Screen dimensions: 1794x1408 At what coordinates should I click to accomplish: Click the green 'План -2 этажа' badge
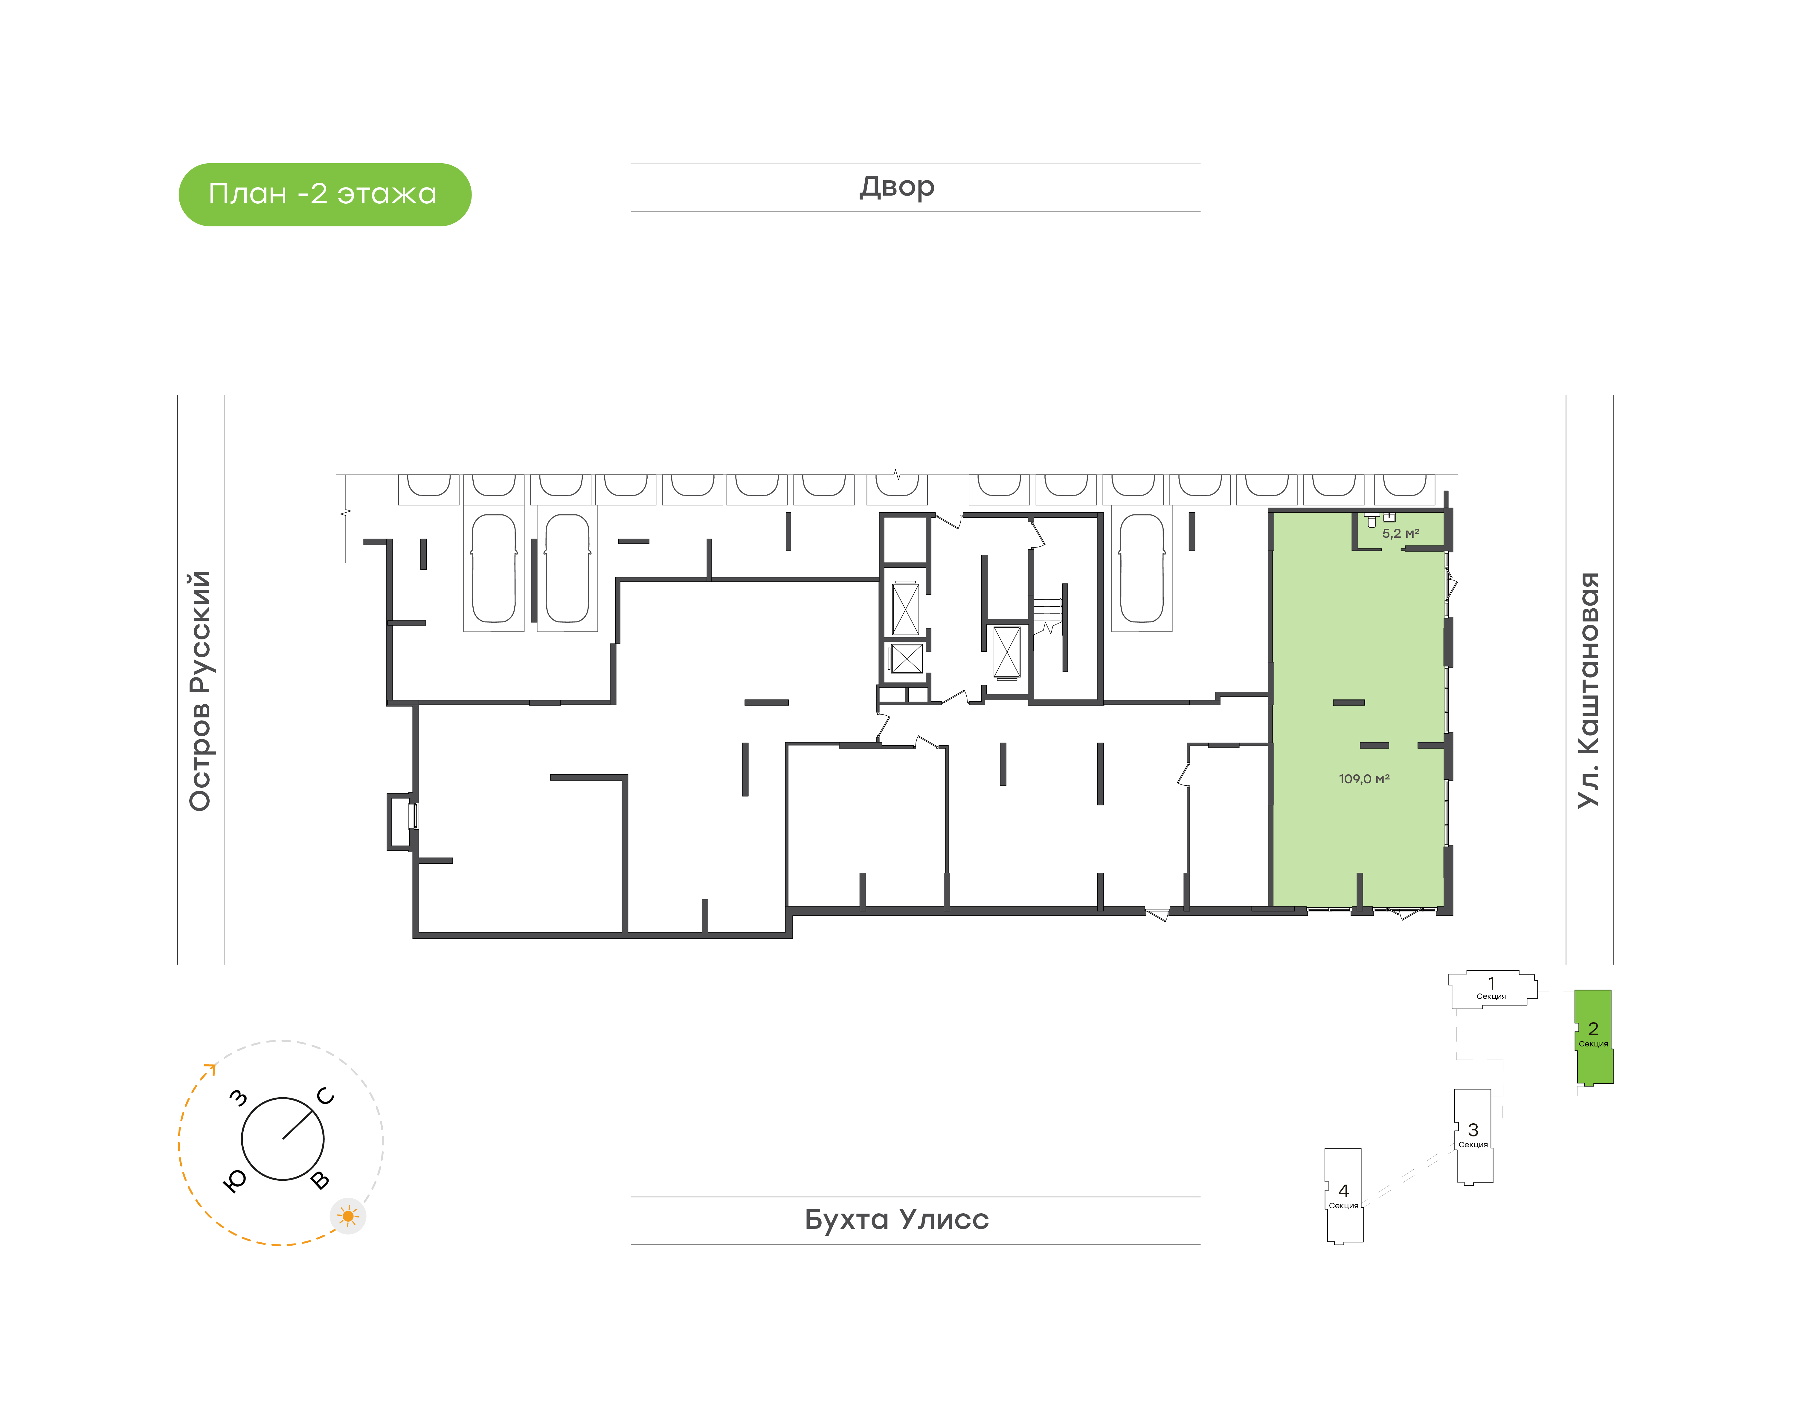tap(325, 195)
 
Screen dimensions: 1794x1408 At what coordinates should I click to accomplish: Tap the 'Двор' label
tap(897, 187)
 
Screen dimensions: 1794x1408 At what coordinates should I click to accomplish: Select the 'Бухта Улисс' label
tap(897, 1219)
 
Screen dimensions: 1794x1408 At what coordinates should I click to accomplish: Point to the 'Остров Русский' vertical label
tap(200, 691)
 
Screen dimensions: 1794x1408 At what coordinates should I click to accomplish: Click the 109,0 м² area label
tap(1365, 778)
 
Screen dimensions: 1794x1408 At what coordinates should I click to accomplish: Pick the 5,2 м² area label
tap(1401, 533)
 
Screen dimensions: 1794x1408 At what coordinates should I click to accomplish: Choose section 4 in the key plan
tap(1343, 1195)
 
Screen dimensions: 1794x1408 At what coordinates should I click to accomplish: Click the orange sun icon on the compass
tap(348, 1216)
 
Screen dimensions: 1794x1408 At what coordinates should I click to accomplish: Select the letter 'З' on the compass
tap(238, 1097)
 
